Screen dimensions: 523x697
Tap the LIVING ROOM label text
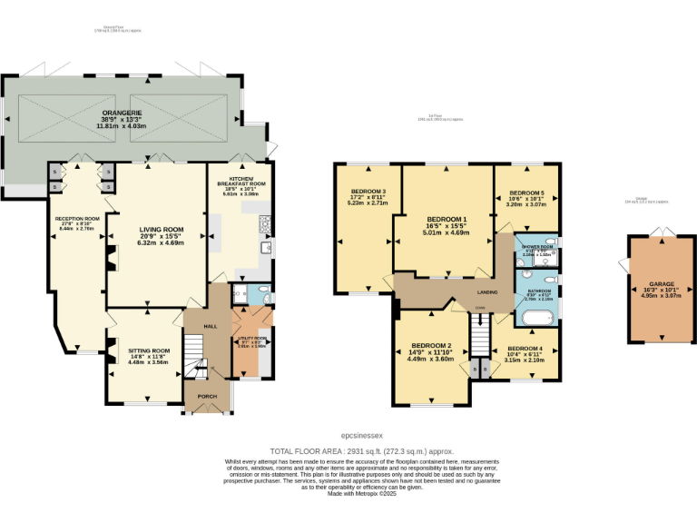(161, 230)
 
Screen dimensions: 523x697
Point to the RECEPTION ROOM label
(76, 219)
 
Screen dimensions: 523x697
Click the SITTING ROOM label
(149, 350)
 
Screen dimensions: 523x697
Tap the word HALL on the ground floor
(210, 325)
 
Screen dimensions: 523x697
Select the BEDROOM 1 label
(447, 220)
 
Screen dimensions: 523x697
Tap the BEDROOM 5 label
(526, 193)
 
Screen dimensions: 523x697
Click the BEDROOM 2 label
(431, 346)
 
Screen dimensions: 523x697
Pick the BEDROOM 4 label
(525, 350)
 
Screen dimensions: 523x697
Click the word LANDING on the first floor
(488, 291)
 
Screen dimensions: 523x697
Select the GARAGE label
(660, 283)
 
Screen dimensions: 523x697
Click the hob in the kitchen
(265, 222)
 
